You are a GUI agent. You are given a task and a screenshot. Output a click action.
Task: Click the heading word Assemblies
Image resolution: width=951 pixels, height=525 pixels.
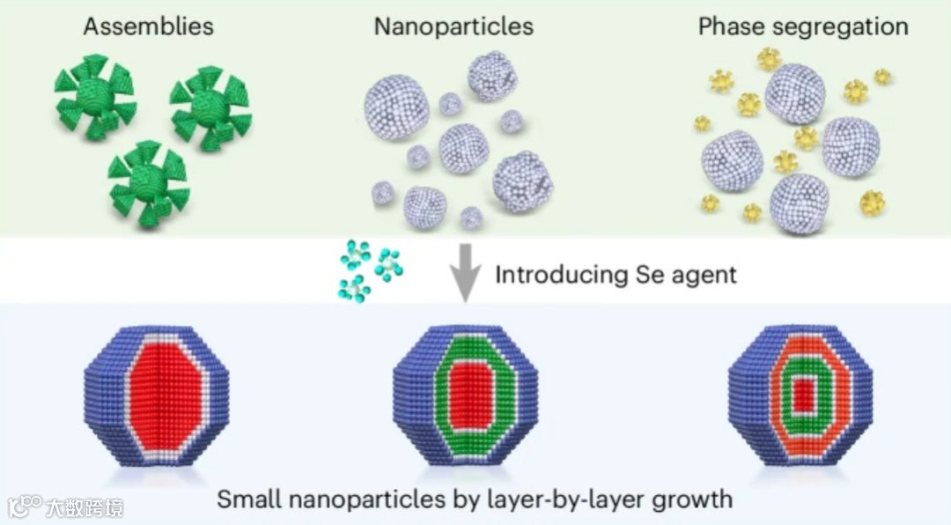click(x=148, y=26)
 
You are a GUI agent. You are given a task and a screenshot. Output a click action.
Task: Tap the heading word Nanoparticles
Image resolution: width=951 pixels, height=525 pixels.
click(x=453, y=26)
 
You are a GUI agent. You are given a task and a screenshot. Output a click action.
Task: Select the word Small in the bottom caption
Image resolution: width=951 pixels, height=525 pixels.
click(x=248, y=499)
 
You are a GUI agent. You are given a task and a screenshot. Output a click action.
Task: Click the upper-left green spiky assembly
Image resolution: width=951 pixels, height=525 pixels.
click(x=92, y=96)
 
